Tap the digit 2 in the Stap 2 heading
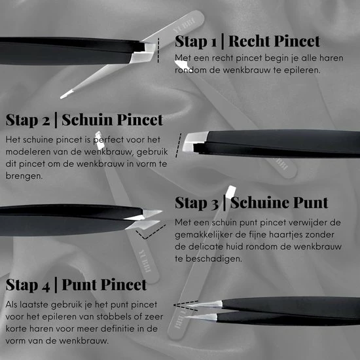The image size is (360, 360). click(x=46, y=120)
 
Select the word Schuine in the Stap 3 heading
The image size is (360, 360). click(x=259, y=203)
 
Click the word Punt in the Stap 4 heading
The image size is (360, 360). click(x=79, y=285)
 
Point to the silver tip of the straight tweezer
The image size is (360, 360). click(x=143, y=53)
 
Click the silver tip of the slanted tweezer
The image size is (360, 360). click(x=194, y=141)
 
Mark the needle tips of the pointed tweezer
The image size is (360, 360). click(x=203, y=310)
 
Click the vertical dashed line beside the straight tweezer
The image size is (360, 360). click(x=158, y=50)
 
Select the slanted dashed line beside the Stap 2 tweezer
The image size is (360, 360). click(x=179, y=145)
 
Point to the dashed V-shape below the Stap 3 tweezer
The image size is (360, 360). click(x=151, y=232)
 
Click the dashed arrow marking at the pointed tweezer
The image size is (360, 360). click(x=186, y=306)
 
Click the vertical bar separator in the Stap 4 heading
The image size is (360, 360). click(x=56, y=285)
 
